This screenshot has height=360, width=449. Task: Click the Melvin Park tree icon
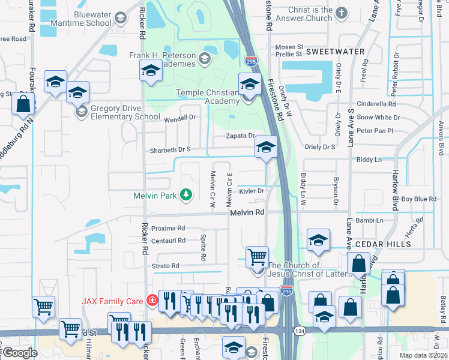coord(187,194)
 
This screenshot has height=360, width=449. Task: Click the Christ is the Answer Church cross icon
coord(342,13)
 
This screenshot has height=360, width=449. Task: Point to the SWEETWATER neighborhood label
coord(336,52)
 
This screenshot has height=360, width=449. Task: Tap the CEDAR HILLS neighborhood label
coord(383,244)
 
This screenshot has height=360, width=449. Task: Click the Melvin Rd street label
coord(247,212)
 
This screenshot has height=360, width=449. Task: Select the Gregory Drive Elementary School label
coord(118,112)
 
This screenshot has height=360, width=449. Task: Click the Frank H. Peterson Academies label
coord(162,59)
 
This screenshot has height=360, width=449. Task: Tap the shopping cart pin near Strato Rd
coord(257,256)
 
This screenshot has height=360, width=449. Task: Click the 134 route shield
coord(298,331)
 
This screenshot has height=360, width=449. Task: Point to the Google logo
coord(20,353)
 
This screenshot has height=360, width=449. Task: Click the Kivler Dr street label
coord(252,191)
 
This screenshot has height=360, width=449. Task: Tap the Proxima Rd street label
coord(168,229)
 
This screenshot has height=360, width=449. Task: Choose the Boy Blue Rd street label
coord(418,199)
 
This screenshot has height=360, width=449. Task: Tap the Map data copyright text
coord(423,355)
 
